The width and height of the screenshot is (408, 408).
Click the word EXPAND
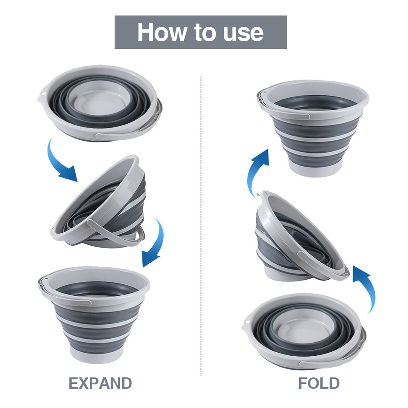(100, 383)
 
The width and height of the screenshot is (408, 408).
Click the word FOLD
(319, 383)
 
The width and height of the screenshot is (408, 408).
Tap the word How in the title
(162, 32)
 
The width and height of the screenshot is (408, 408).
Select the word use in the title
(243, 34)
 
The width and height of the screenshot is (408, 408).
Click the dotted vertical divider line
(201, 227)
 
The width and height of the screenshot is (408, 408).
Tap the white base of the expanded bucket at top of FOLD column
(314, 169)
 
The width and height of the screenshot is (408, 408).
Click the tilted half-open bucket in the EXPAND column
(98, 201)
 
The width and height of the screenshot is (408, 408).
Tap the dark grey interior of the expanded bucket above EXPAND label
(97, 289)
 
